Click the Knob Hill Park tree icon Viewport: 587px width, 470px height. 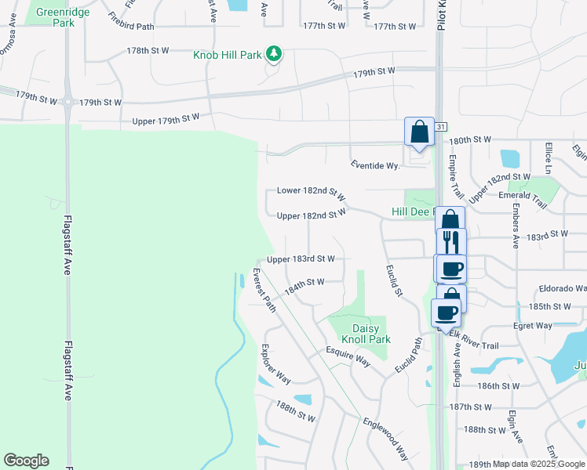(x=274, y=53)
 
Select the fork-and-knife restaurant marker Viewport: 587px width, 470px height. (x=451, y=240)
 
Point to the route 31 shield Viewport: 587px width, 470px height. (x=441, y=127)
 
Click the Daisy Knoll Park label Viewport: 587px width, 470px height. (x=359, y=334)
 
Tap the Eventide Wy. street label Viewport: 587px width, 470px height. (x=375, y=165)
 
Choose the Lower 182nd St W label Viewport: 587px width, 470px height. (x=312, y=192)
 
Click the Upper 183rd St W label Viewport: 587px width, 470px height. (x=301, y=258)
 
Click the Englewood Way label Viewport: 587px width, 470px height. (x=385, y=438)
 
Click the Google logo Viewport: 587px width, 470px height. (x=26, y=461)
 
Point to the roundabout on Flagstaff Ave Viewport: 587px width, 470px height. (x=68, y=100)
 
